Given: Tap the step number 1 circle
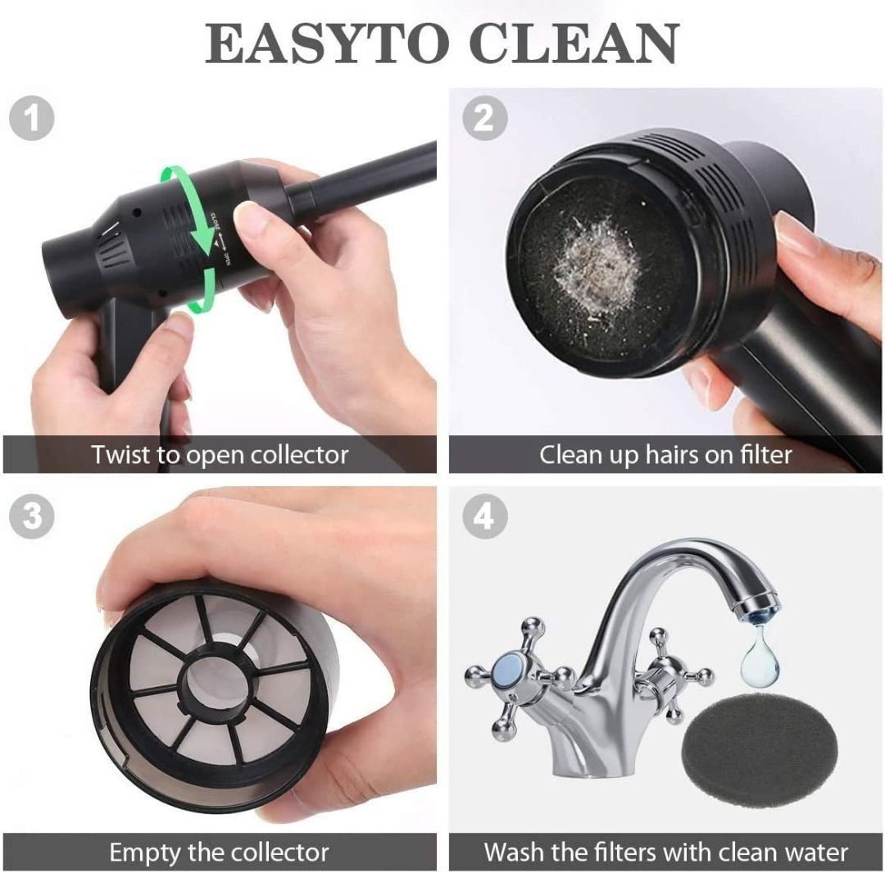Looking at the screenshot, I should pyautogui.click(x=32, y=119).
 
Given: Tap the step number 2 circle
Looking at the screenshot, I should pyautogui.click(x=484, y=119).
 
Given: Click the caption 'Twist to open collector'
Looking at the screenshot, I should pyautogui.click(x=220, y=455).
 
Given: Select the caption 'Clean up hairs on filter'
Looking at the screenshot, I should pyautogui.click(x=665, y=455).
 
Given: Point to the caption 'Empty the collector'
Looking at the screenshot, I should pyautogui.click(x=220, y=852).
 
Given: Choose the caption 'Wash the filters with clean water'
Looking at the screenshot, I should pyautogui.click(x=665, y=852).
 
